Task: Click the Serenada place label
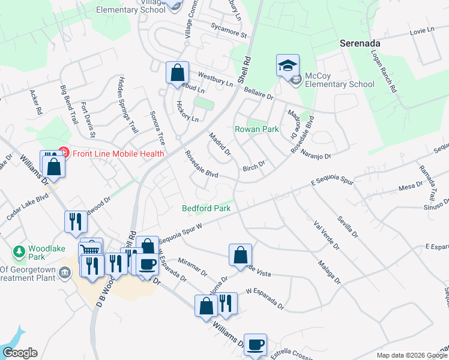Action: click(x=361, y=43)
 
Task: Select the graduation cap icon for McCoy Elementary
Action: click(x=288, y=65)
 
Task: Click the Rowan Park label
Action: click(x=256, y=129)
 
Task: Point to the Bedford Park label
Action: click(x=206, y=208)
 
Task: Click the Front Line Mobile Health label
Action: click(x=118, y=154)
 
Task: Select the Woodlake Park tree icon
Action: click(x=19, y=250)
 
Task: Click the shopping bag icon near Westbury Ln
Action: click(x=177, y=73)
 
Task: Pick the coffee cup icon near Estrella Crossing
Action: click(x=256, y=344)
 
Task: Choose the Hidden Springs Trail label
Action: click(x=127, y=104)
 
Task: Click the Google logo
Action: click(x=20, y=353)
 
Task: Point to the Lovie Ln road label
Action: click(x=421, y=31)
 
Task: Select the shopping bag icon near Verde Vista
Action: click(x=240, y=254)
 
